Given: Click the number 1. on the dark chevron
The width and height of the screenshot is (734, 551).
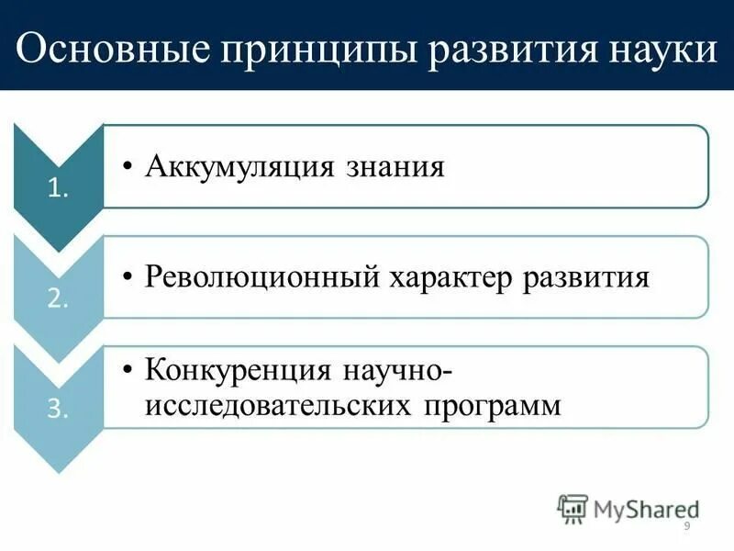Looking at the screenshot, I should (x=57, y=190).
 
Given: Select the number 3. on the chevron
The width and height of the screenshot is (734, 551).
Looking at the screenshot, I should (x=57, y=410).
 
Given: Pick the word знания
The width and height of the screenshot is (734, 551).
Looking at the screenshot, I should (x=396, y=167).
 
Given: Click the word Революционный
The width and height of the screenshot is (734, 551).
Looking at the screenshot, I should (x=264, y=277).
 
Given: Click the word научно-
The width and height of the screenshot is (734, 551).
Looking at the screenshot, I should (x=396, y=372).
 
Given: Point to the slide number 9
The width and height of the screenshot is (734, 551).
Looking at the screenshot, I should (x=687, y=526).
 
